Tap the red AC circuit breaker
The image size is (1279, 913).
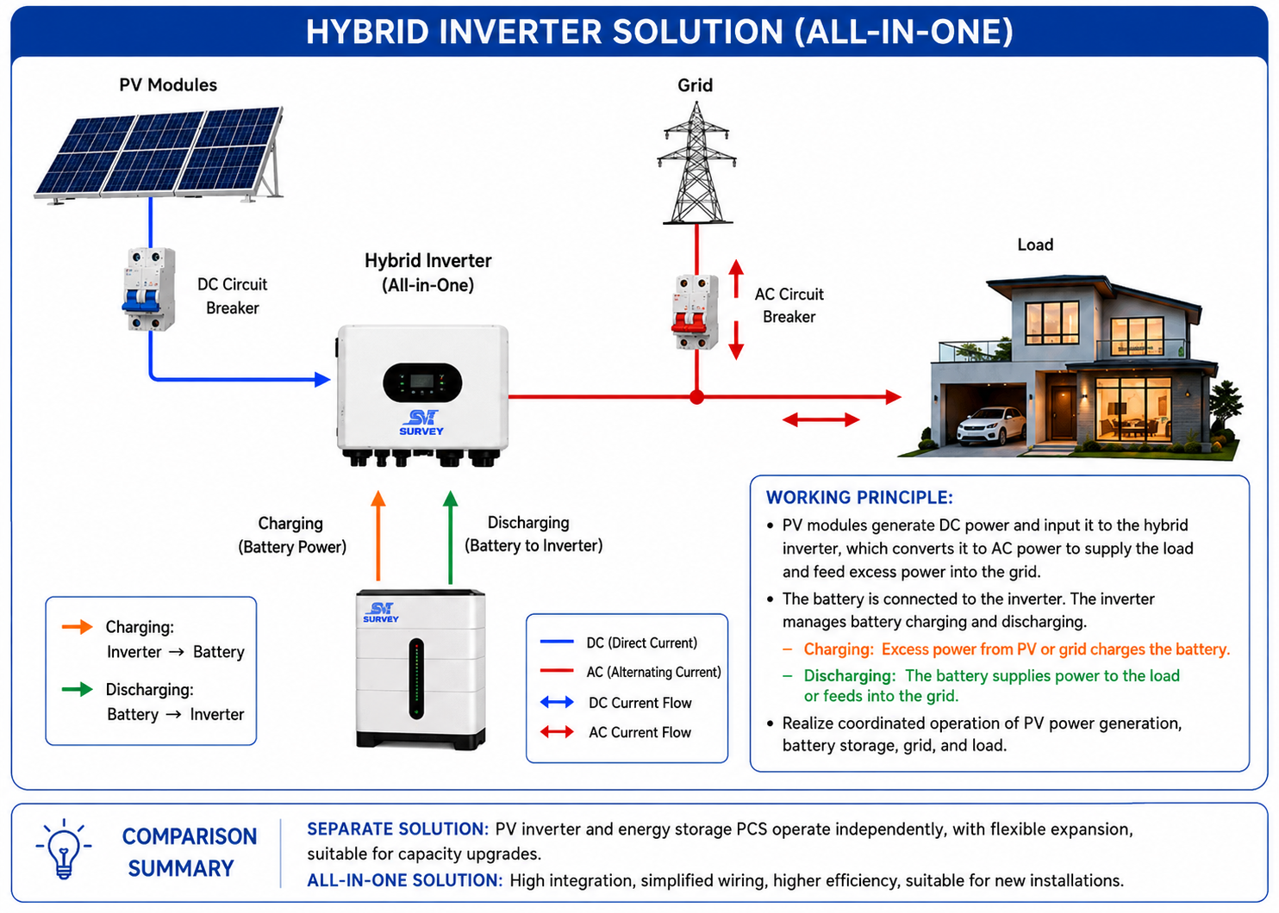point(696,312)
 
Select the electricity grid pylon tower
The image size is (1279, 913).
point(696,163)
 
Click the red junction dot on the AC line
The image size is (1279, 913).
point(696,397)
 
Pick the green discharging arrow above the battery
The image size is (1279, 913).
point(451,537)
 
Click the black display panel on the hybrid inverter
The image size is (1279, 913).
point(422,382)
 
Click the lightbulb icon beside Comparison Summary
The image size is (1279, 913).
point(64,849)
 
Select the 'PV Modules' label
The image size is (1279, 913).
point(168,85)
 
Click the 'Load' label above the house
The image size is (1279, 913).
point(1035,245)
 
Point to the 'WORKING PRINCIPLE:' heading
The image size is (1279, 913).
point(859,498)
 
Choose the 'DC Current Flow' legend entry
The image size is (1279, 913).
point(640,703)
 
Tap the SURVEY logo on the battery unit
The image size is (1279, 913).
point(381,612)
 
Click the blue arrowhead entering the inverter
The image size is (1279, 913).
point(322,379)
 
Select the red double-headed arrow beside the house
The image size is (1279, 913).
point(820,420)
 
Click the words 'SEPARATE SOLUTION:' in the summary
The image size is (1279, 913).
point(398,829)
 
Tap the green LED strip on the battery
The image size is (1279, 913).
point(417,679)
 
